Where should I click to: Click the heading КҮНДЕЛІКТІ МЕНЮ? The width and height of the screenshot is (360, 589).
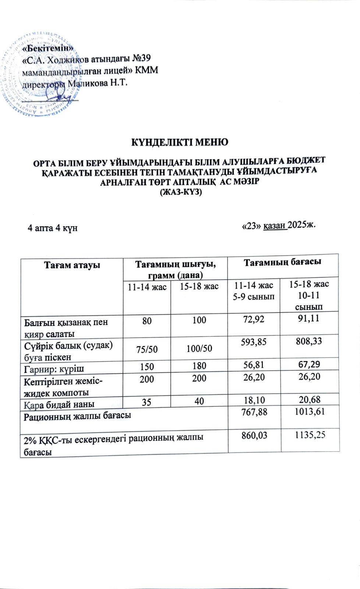(x=180, y=142)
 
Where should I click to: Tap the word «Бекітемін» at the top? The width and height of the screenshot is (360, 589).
(x=48, y=48)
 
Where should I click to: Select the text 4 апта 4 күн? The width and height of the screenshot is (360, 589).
(x=53, y=228)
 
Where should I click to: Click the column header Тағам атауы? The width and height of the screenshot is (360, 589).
(x=72, y=265)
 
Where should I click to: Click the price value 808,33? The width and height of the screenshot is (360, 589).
(x=309, y=341)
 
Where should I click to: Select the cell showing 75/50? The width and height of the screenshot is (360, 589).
(x=147, y=349)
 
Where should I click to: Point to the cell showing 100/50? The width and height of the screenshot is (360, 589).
(x=199, y=348)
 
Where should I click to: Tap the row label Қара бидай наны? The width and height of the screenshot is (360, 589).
(x=59, y=404)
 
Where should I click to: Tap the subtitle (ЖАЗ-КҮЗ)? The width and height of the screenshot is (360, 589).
(x=180, y=193)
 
